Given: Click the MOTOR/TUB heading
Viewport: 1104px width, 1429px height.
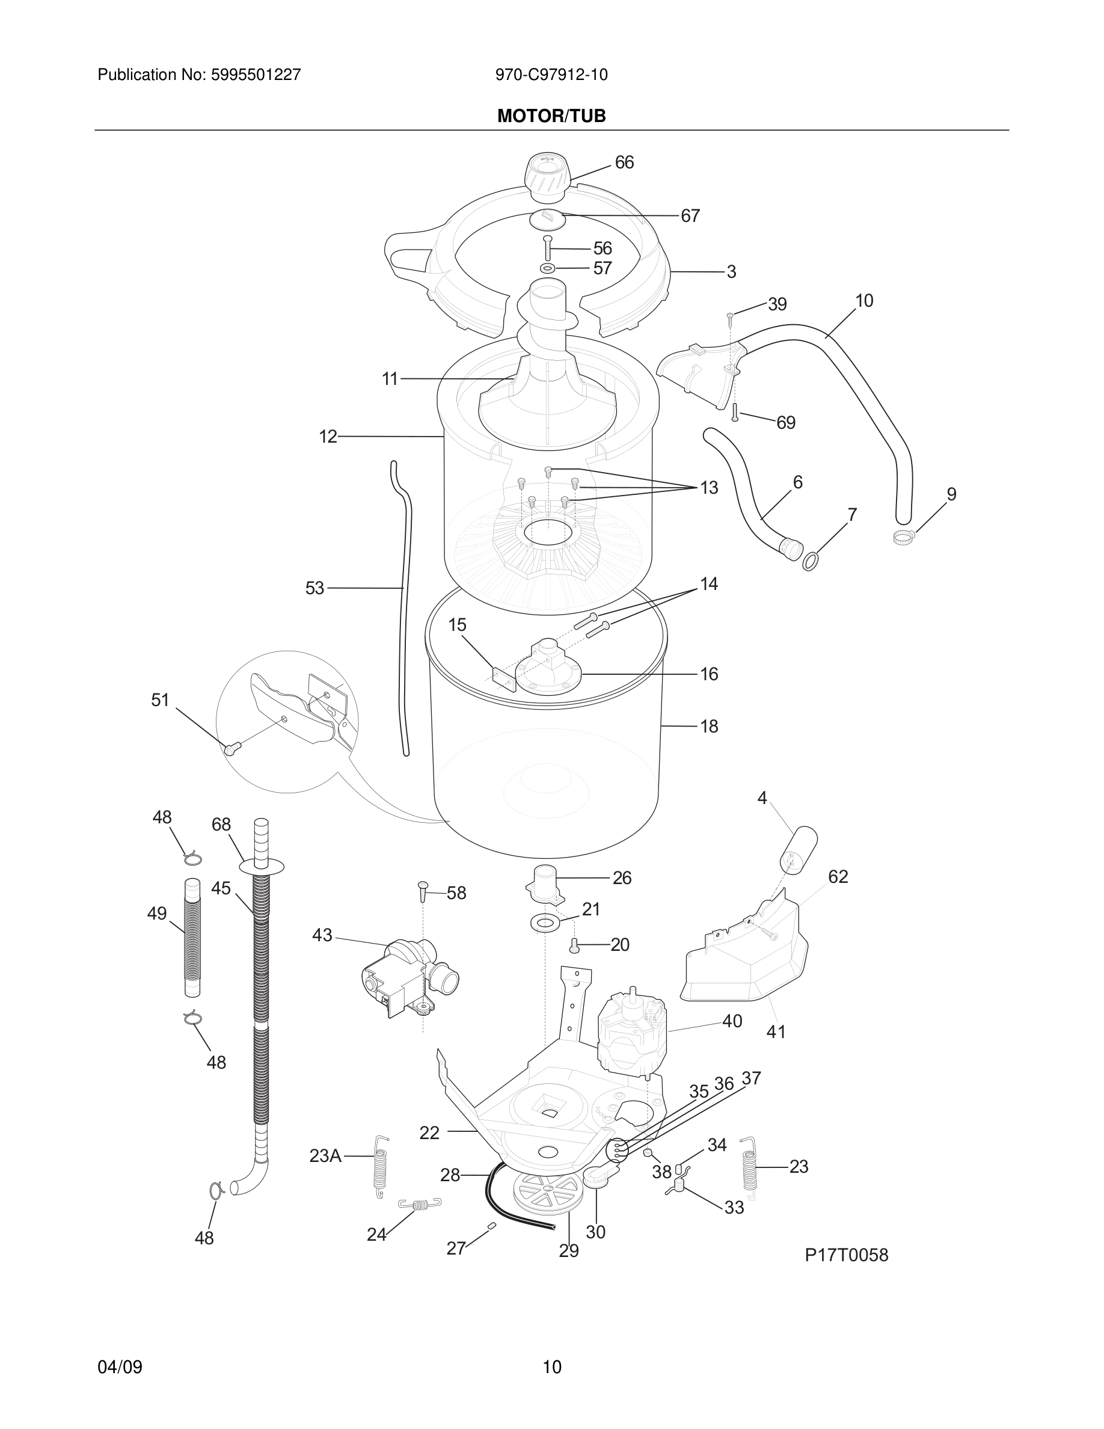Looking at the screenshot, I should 551,117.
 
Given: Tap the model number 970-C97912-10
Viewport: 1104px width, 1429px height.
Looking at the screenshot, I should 551,75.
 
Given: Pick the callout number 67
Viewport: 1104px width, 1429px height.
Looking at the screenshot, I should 690,216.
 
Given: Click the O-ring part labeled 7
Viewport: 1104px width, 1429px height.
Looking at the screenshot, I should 811,561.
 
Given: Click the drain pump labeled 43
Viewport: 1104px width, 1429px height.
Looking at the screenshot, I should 405,982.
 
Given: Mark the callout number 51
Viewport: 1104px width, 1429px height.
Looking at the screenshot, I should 160,700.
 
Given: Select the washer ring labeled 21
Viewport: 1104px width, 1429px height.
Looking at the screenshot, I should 544,923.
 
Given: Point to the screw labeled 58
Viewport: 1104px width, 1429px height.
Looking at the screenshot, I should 423,891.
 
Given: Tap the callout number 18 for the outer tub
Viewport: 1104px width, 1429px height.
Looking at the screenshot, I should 709,727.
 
